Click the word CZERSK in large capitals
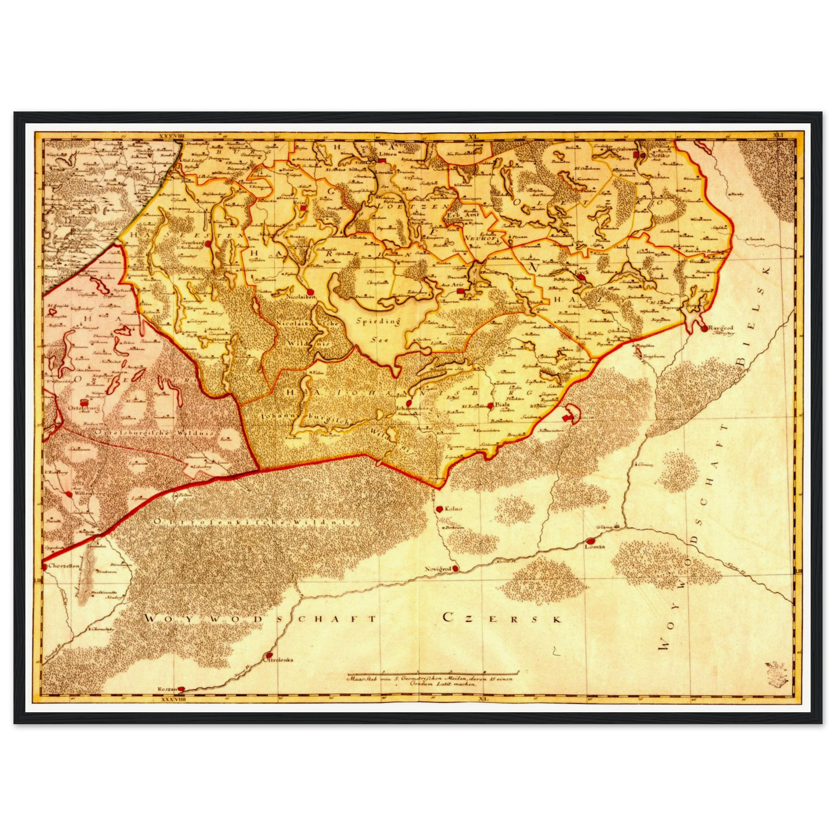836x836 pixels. pyautogui.click(x=502, y=618)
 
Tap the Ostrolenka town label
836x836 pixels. pyautogui.click(x=279, y=659)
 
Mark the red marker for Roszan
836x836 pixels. pyautogui.click(x=181, y=689)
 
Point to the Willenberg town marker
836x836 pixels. pyautogui.click(x=69, y=494)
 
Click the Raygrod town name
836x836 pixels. pyautogui.click(x=720, y=327)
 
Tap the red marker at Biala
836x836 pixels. pyautogui.click(x=490, y=406)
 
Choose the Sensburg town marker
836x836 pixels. pyautogui.click(x=207, y=245)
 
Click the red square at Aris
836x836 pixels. pyautogui.click(x=460, y=292)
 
